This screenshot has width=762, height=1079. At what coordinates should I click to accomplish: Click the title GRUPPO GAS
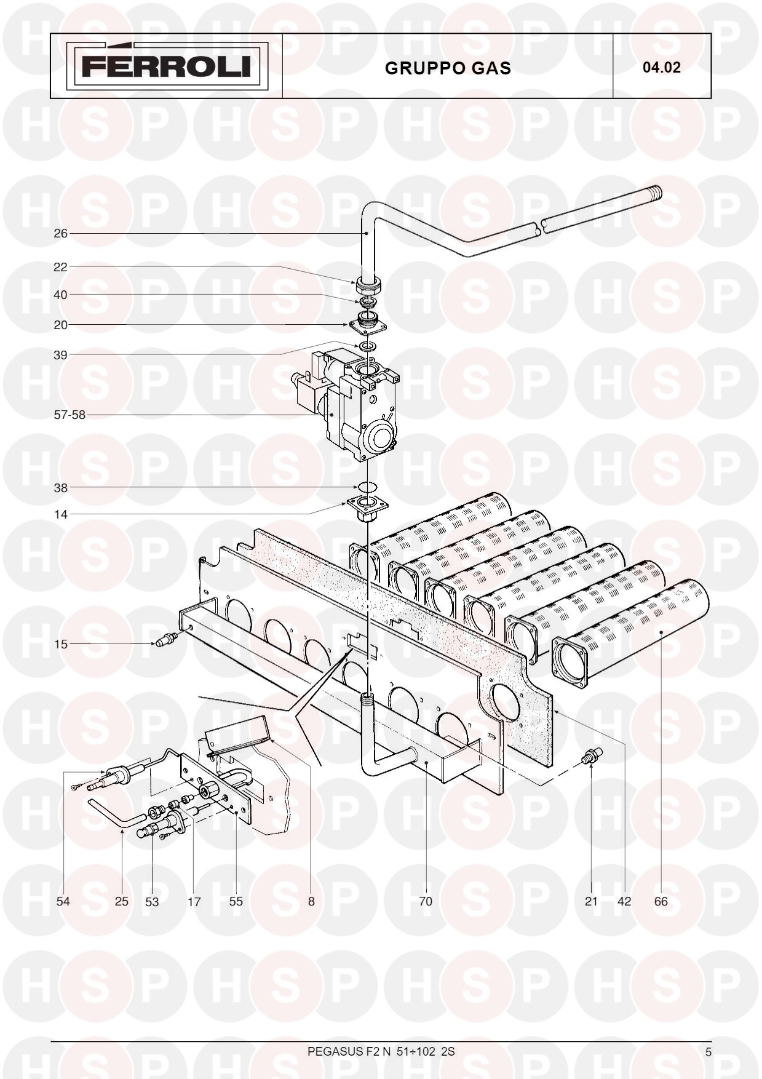pyautogui.click(x=448, y=68)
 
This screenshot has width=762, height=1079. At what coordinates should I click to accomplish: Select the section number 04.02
pyautogui.click(x=662, y=67)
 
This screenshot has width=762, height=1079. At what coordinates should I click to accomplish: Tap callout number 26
pyautogui.click(x=60, y=234)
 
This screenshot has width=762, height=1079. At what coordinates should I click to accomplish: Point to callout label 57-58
pyautogui.click(x=69, y=415)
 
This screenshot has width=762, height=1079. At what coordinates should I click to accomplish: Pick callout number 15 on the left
pyautogui.click(x=60, y=644)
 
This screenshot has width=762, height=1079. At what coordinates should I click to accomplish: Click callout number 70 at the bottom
pyautogui.click(x=426, y=901)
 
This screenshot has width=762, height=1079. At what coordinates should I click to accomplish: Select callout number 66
pyautogui.click(x=661, y=901)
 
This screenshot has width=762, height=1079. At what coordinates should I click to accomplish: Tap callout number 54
pyautogui.click(x=63, y=901)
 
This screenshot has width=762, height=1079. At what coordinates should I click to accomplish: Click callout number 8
pyautogui.click(x=311, y=901)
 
